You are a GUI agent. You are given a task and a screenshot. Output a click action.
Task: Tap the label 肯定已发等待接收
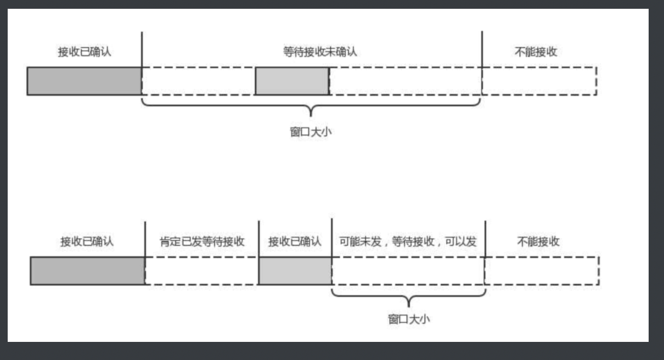pyautogui.click(x=202, y=241)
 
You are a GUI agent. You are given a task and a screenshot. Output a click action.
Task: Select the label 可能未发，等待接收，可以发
pyautogui.click(x=408, y=241)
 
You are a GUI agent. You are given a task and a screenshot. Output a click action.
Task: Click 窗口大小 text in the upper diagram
pyautogui.click(x=311, y=132)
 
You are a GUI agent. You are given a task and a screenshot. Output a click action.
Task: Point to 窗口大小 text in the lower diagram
pyautogui.click(x=409, y=319)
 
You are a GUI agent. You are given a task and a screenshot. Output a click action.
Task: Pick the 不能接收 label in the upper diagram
pyautogui.click(x=536, y=52)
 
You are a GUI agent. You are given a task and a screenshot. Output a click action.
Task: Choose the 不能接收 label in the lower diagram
pyautogui.click(x=538, y=241)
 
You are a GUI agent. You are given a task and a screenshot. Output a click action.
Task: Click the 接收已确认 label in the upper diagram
pyautogui.click(x=85, y=52)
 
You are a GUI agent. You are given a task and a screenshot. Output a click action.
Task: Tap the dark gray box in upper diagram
pyautogui.click(x=84, y=81)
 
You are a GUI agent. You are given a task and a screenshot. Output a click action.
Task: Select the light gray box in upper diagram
pyautogui.click(x=292, y=81)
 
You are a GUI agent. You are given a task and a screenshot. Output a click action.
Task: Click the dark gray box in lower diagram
pyautogui.click(x=87, y=271)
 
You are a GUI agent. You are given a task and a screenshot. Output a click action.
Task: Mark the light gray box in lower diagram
pyautogui.click(x=295, y=271)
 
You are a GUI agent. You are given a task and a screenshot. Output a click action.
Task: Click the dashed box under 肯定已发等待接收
pyautogui.click(x=201, y=271)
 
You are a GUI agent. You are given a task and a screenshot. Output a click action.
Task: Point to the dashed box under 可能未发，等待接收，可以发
pyautogui.click(x=408, y=271)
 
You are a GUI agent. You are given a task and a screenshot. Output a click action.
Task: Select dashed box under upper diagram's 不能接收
pyautogui.click(x=539, y=81)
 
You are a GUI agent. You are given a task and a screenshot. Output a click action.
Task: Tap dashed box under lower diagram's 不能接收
pyautogui.click(x=542, y=271)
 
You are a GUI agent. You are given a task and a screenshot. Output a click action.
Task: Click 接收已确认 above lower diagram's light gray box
pyautogui.click(x=295, y=241)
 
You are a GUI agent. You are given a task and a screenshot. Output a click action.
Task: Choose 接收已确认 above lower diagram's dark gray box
pyautogui.click(x=87, y=241)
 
